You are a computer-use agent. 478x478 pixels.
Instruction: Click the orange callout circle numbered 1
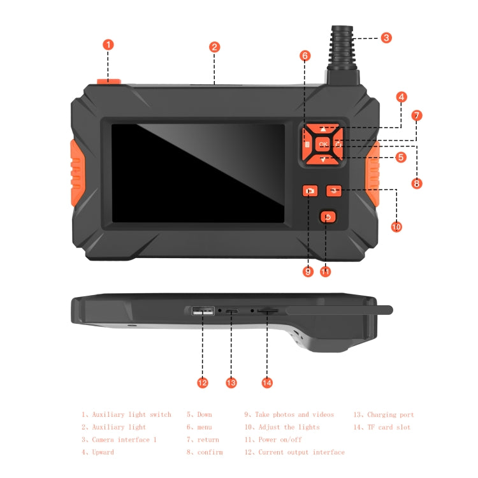pyautogui.click(x=108, y=45)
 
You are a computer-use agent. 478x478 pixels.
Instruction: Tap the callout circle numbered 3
pyautogui.click(x=386, y=38)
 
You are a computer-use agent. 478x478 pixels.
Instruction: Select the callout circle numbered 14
pyautogui.click(x=267, y=382)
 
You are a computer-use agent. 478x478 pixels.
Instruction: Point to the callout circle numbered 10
pyautogui.click(x=396, y=226)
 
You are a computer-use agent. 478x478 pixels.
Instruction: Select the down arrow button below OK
pyautogui.click(x=324, y=159)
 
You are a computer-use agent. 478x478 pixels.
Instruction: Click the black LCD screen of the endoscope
pyautogui.click(x=198, y=173)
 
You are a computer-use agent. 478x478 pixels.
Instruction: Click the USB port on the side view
pyautogui.click(x=202, y=311)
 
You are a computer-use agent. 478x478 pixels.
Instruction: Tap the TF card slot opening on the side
pyautogui.click(x=268, y=311)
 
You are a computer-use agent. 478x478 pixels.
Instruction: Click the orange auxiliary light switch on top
pyautogui.click(x=108, y=82)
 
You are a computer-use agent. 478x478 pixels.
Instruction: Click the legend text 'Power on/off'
pyautogui.click(x=280, y=440)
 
